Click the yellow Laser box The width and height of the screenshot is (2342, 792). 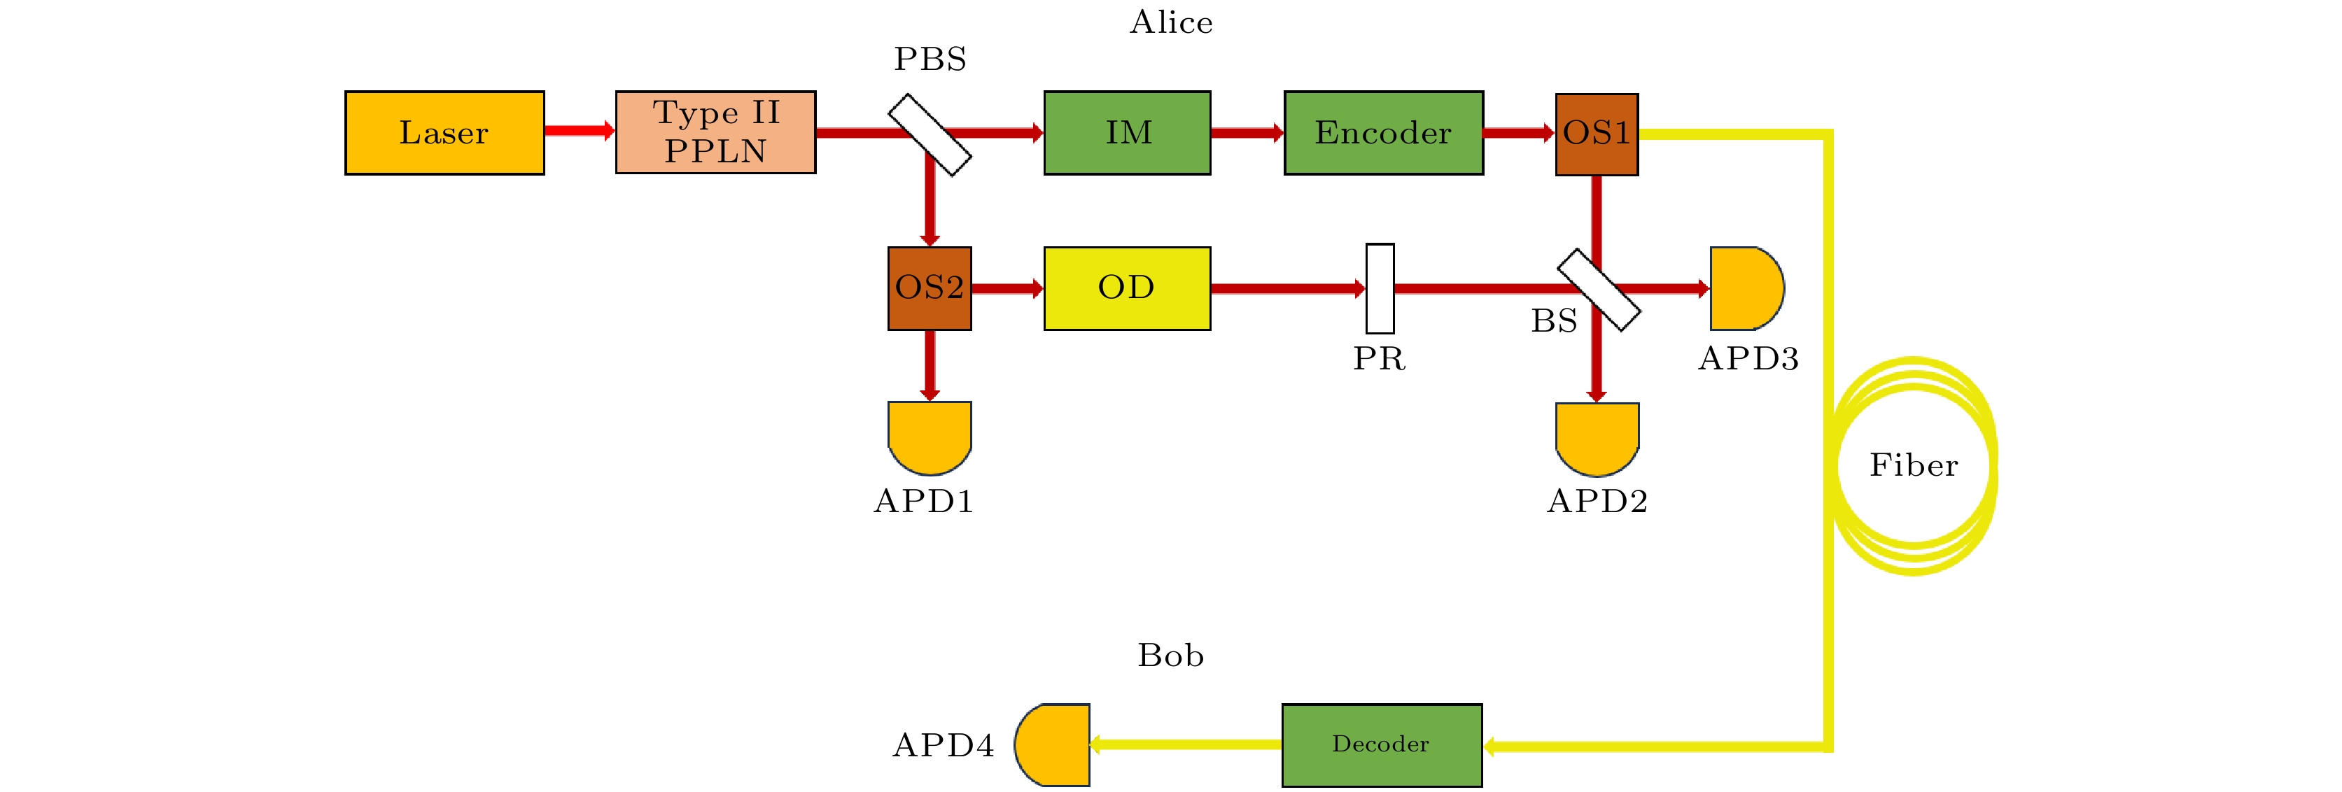click(444, 133)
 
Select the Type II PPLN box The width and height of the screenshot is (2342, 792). click(715, 133)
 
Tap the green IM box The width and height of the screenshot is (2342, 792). click(1128, 133)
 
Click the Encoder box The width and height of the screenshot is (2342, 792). click(1383, 133)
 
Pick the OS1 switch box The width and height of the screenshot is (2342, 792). click(1597, 134)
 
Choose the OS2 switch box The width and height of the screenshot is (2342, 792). click(929, 288)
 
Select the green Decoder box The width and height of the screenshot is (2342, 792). click(1382, 744)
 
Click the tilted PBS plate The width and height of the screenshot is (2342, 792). click(929, 134)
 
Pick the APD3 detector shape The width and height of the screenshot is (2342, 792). click(1745, 288)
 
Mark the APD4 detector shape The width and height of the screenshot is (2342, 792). click(1053, 744)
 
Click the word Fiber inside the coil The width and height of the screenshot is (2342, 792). click(1913, 465)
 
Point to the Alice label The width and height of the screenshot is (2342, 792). click(1171, 22)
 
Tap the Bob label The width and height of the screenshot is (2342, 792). click(1171, 656)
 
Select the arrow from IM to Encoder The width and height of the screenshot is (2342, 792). click(1247, 133)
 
